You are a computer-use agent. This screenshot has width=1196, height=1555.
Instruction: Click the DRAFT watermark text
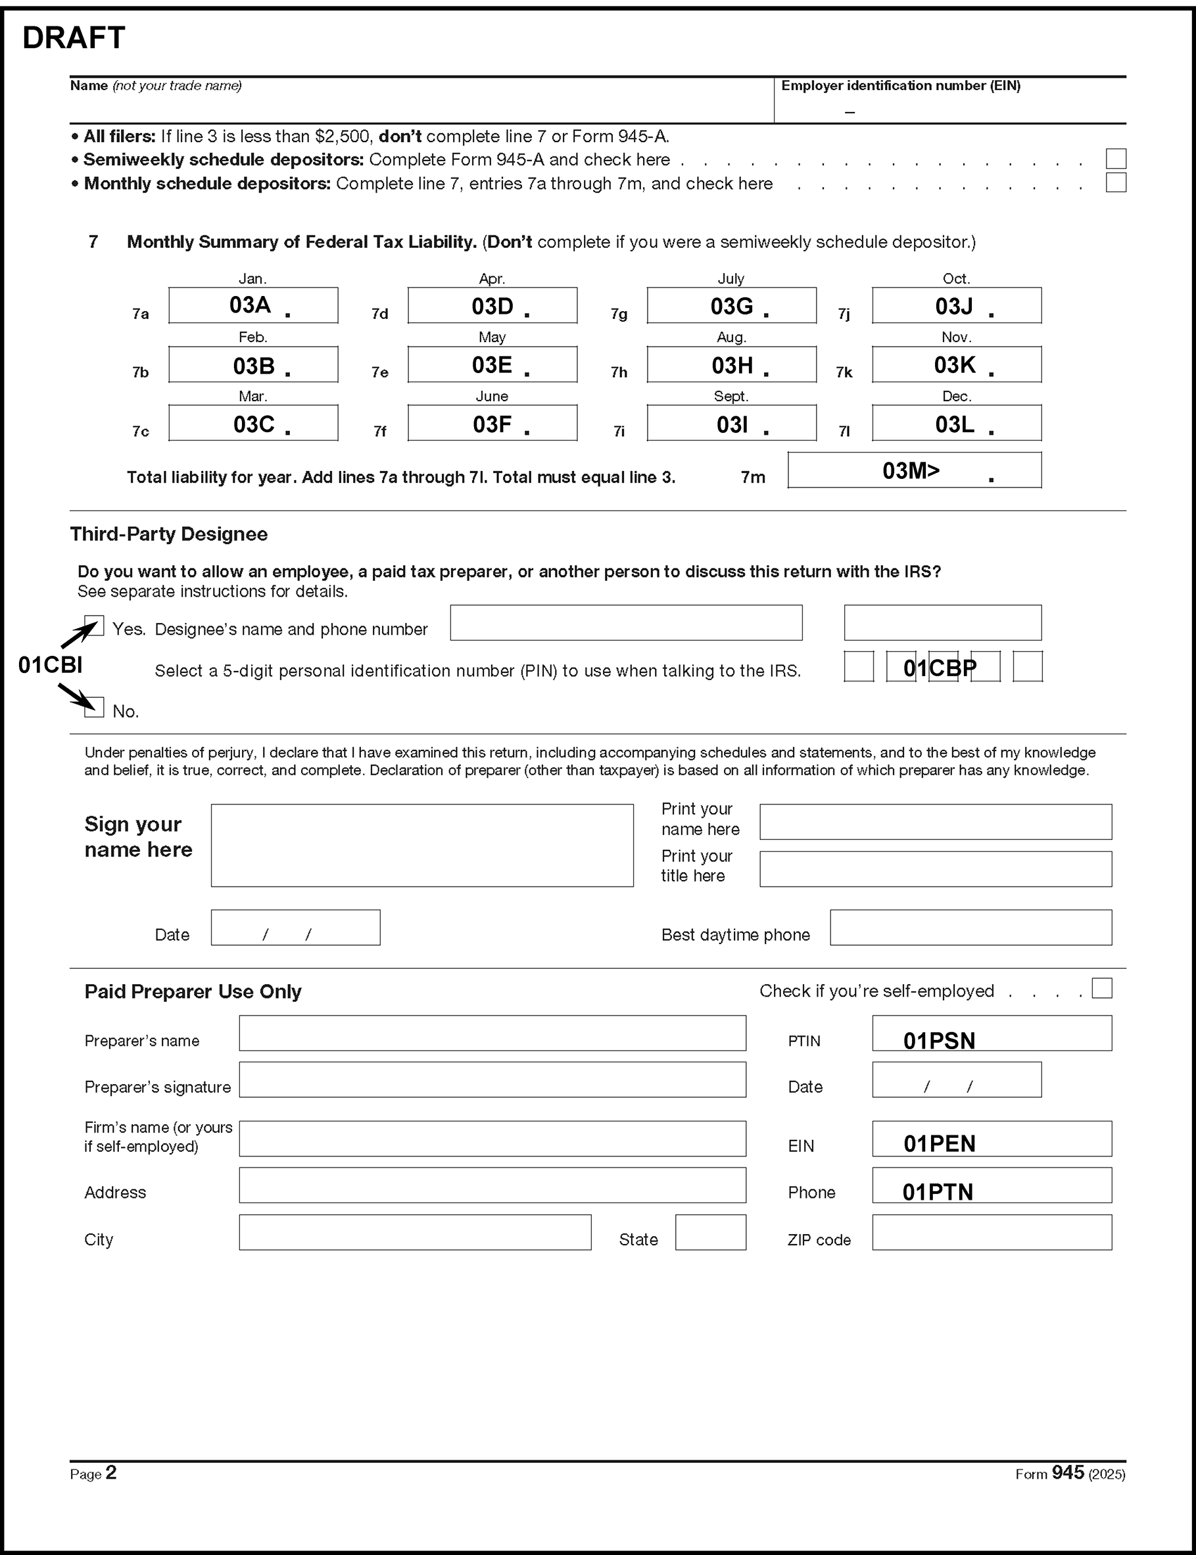(74, 37)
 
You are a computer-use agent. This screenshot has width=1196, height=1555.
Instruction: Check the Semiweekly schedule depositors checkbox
(1115, 158)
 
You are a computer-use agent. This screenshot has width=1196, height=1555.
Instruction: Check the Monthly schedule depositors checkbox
(1115, 182)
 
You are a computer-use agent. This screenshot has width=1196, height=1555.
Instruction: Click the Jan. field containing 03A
(252, 305)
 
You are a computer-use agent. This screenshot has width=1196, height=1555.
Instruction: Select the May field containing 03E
(492, 364)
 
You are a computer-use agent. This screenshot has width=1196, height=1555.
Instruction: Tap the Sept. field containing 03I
(731, 424)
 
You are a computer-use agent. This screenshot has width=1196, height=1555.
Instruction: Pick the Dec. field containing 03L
(956, 424)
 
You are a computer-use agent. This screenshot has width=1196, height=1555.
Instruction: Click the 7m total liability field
(914, 470)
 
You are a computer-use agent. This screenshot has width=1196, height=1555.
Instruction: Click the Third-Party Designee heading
(169, 534)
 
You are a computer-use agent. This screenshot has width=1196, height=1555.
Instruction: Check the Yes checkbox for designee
(94, 626)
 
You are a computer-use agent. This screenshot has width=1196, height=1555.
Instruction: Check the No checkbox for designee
(94, 707)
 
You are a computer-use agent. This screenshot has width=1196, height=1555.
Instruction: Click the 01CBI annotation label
(50, 665)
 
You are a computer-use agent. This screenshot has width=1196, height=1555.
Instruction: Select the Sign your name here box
(421, 845)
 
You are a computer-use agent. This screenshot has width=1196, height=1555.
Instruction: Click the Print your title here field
(935, 869)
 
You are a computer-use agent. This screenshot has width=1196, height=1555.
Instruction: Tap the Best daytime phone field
(970, 927)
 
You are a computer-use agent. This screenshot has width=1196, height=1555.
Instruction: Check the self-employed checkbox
(1101, 987)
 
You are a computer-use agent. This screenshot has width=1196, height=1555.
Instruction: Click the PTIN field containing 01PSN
(991, 1033)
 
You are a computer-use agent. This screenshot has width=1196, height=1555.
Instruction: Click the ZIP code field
(991, 1233)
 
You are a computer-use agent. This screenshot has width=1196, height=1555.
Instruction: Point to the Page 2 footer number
(111, 1472)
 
